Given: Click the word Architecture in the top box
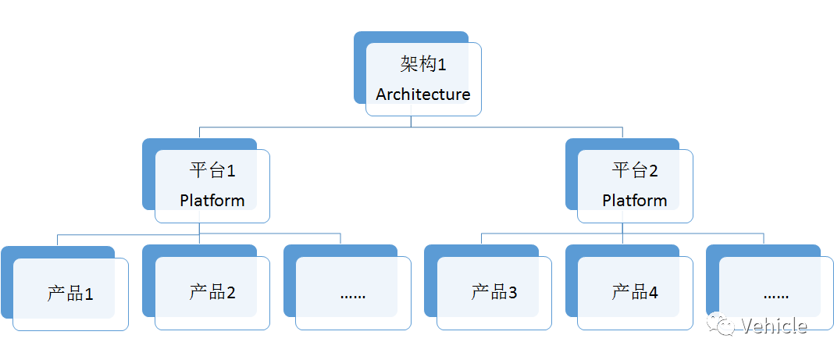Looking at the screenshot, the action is pos(422,94).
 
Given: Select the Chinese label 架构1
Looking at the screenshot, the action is pos(422,65).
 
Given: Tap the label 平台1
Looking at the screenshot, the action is pos(212,171).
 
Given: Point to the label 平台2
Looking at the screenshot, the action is pos(635,171).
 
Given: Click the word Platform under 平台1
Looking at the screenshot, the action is pos(212,201).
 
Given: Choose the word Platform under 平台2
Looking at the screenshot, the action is pos(635,201).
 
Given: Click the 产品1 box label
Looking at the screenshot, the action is pos(70,294).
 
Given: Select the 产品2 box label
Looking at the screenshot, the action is pos(212,292).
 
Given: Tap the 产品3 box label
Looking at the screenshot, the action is pos(494,292).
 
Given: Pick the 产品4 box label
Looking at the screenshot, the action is pos(635,292).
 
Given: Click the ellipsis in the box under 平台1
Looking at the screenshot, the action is pos(353,296).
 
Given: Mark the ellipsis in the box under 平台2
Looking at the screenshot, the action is pos(776,296).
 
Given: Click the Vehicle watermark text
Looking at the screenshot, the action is pos(774,326).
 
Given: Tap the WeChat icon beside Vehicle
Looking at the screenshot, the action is pos(722,324).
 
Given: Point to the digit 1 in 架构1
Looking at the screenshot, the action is pos(441,66).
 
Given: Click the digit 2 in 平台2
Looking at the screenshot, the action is pos(653,171).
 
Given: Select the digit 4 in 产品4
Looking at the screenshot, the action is pos(653,293).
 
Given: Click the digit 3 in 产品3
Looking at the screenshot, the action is pos(512,293).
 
